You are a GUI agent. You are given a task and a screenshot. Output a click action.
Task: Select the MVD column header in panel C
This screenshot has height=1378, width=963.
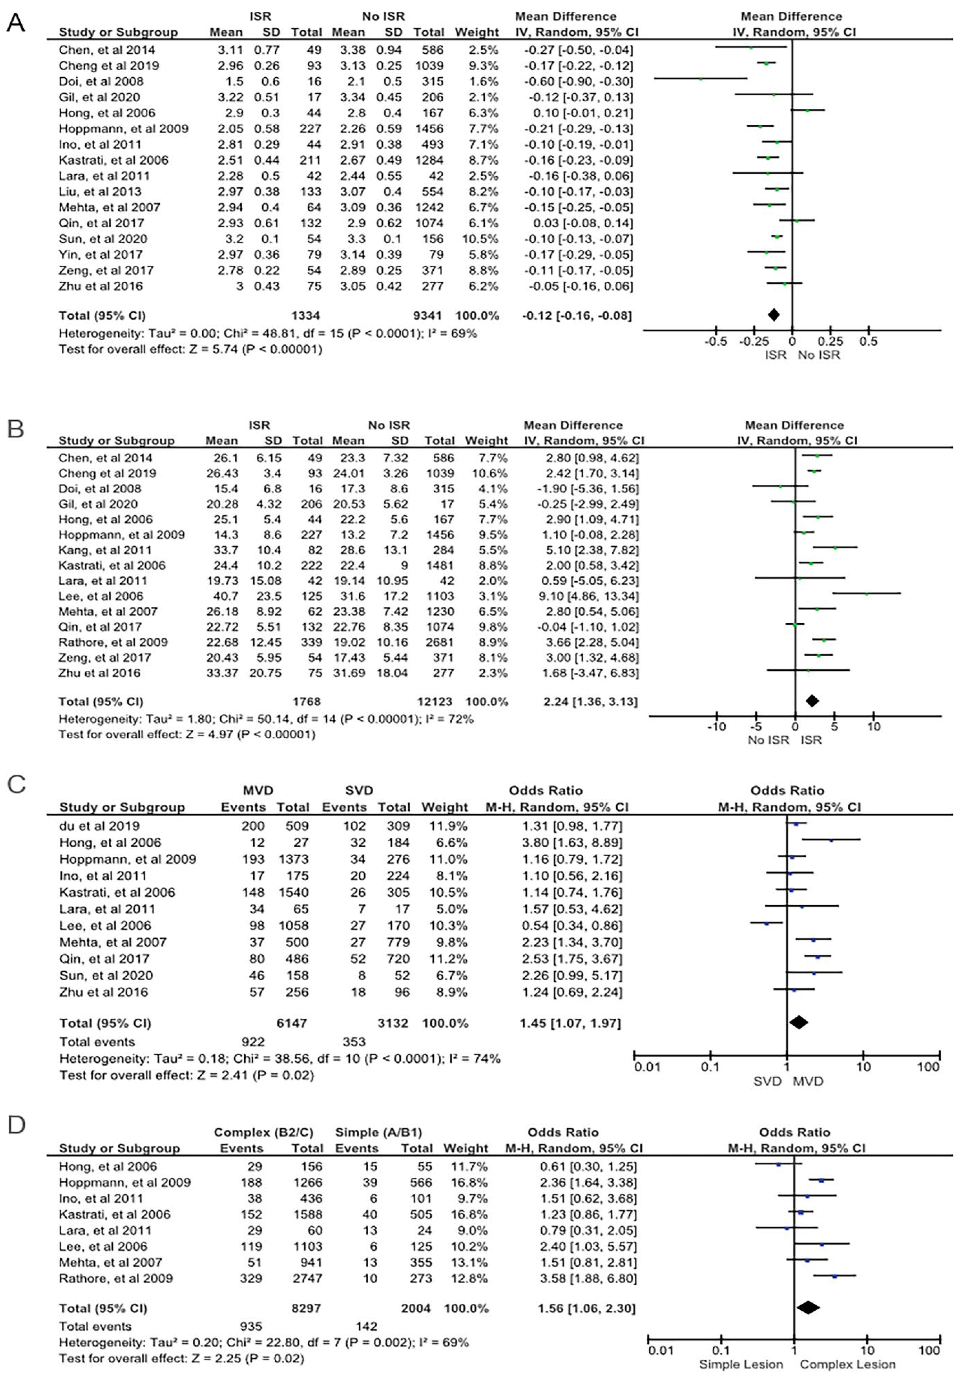click(258, 791)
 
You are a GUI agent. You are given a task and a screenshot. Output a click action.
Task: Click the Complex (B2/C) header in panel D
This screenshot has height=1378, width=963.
click(263, 1133)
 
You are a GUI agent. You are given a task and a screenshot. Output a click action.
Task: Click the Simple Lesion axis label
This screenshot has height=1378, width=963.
click(741, 1365)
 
